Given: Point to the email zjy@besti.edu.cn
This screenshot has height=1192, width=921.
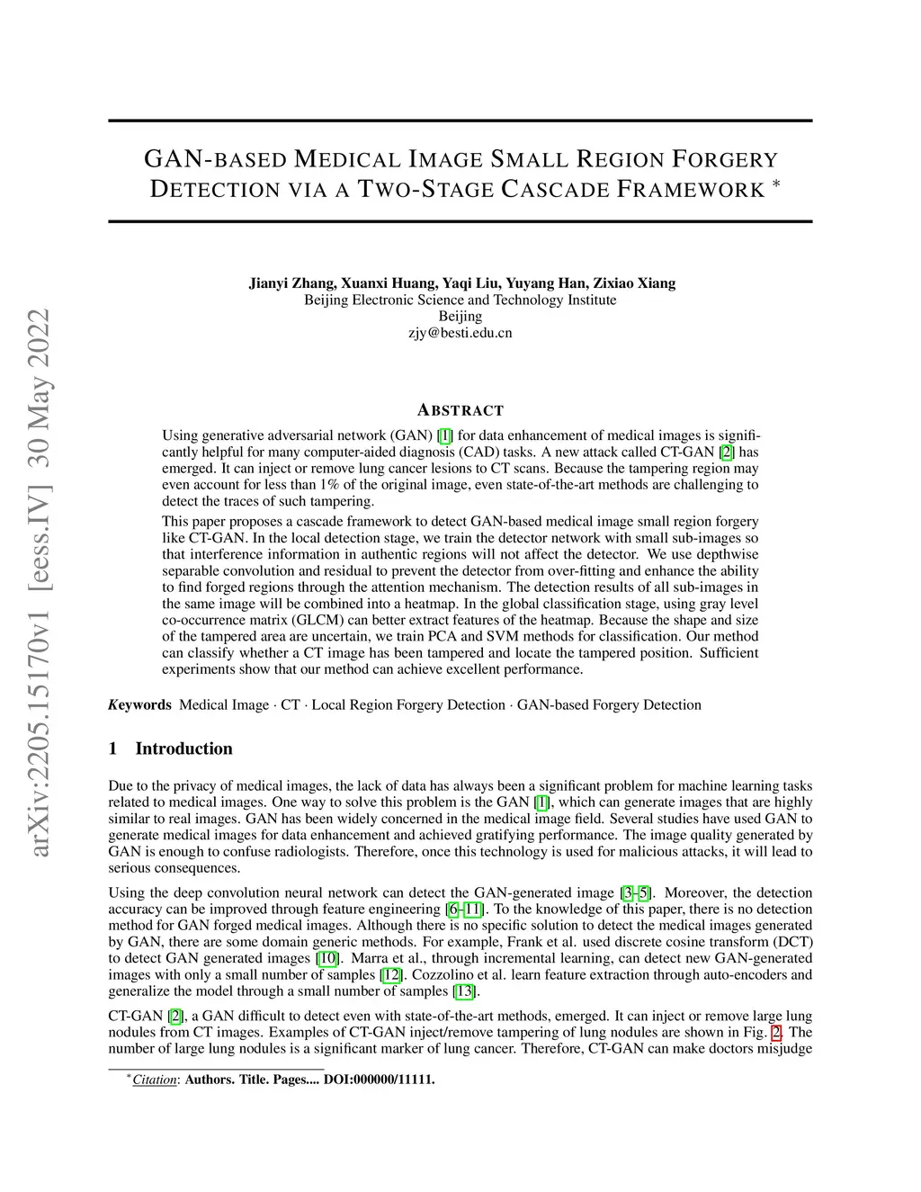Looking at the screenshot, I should click(x=460, y=333).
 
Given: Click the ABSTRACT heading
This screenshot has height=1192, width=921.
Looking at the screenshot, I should click(x=460, y=410).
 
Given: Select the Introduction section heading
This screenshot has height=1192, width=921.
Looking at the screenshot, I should click(x=183, y=748).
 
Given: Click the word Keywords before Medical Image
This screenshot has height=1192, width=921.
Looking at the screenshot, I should click(x=139, y=704).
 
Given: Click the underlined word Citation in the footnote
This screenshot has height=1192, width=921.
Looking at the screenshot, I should click(x=155, y=1080).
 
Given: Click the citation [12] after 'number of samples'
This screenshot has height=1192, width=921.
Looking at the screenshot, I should click(x=391, y=974).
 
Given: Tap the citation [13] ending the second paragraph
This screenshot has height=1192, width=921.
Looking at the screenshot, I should click(x=464, y=991).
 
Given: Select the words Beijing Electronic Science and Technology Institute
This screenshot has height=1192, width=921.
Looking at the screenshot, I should click(x=460, y=300).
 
